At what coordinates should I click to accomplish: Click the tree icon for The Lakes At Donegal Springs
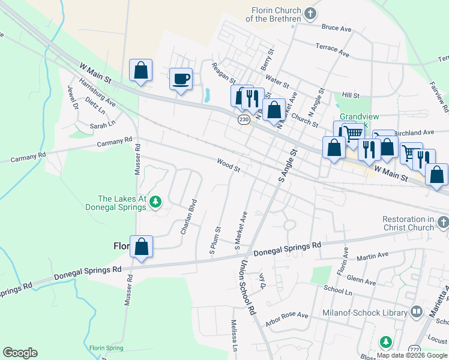pyautogui.click(x=155, y=201)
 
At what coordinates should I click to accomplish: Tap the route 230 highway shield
pyautogui.click(x=243, y=119)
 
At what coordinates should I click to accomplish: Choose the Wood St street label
pyautogui.click(x=229, y=166)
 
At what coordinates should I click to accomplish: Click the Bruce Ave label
pyautogui.click(x=336, y=28)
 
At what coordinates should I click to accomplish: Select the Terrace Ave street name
pyautogui.click(x=333, y=50)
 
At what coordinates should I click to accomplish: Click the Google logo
pyautogui.click(x=20, y=353)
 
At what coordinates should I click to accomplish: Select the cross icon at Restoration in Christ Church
pyautogui.click(x=442, y=223)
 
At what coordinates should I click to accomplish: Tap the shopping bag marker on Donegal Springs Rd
pyautogui.click(x=141, y=247)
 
